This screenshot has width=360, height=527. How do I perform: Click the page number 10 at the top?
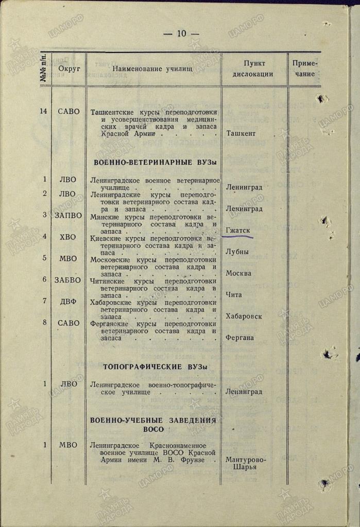coord(181,34)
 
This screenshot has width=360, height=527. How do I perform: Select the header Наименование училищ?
coord(152,68)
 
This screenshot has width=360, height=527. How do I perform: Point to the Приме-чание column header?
coord(304,68)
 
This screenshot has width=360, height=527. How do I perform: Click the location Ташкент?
coord(242,133)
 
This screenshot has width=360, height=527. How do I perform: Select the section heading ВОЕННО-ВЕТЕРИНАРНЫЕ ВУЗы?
coord(155,162)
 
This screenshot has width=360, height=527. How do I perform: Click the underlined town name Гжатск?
coord(238,231)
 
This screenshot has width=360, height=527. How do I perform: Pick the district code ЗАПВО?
coord(68,215)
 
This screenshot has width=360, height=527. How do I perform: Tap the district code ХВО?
coord(67,237)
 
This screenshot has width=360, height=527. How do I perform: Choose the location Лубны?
coord(237,252)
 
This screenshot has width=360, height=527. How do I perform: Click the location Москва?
coord(238,273)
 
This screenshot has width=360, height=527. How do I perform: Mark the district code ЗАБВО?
coord(68,280)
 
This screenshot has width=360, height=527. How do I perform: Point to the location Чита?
coord(234,295)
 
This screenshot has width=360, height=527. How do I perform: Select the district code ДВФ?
coord(67,302)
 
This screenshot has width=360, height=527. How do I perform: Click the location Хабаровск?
coord(244,316)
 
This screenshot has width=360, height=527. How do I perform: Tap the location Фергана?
coord(239,338)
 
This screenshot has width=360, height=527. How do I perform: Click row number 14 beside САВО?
coord(45,111)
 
